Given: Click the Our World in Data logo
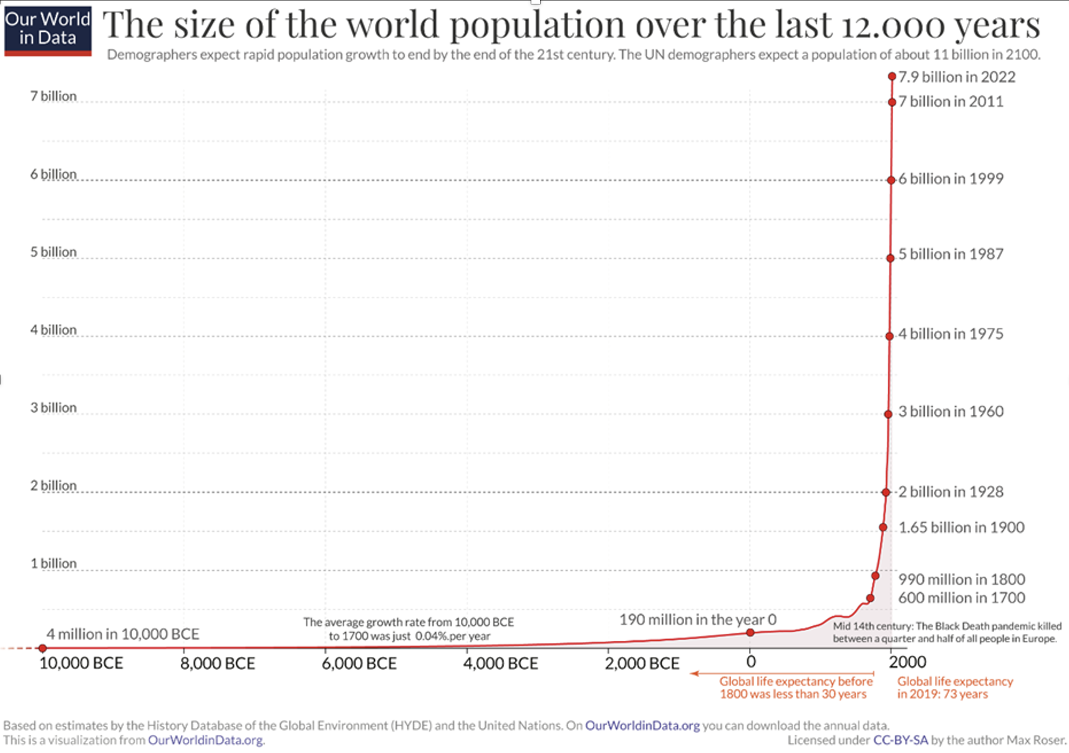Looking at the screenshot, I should [x=47, y=29].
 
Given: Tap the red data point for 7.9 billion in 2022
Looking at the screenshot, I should [x=892, y=77].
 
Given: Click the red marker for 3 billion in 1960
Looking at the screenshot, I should [x=888, y=414].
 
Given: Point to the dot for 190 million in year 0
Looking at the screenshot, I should [x=750, y=633].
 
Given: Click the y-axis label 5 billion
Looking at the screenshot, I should [x=54, y=252].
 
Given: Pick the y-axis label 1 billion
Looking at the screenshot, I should [x=54, y=564].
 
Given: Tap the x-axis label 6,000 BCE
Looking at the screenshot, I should [x=359, y=663].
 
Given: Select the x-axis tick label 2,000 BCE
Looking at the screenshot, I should [x=642, y=663].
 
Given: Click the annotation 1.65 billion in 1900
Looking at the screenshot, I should [x=961, y=527].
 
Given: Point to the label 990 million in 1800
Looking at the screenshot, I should [x=961, y=579].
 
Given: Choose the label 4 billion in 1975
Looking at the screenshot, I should [x=950, y=334].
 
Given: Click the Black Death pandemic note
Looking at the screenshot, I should [x=947, y=632].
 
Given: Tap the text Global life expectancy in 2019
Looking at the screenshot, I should [x=955, y=688].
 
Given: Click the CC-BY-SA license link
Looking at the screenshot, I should [x=901, y=740].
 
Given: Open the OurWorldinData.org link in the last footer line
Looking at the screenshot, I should [x=205, y=740].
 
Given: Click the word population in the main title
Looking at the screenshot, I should [x=538, y=25].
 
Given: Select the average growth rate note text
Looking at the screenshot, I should [x=409, y=629].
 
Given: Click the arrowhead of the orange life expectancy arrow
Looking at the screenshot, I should [x=693, y=673].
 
